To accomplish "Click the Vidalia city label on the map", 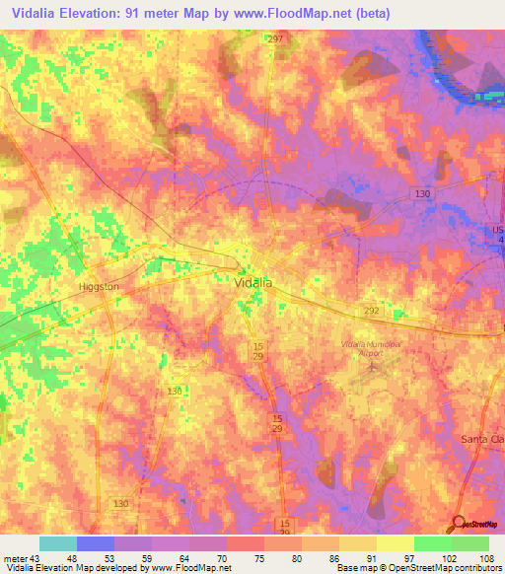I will click(x=253, y=282).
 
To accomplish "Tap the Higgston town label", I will click(x=99, y=287).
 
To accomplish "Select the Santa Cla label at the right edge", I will click(x=483, y=438).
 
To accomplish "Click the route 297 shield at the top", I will click(x=275, y=38).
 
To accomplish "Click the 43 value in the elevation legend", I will click(x=36, y=557).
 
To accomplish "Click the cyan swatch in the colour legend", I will click(x=58, y=543).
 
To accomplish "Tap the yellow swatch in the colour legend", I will click(x=396, y=543).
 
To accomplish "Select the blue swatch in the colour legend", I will click(x=96, y=543).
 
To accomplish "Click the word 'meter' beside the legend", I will click(x=15, y=557).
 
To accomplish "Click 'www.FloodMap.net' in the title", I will click(x=303, y=14).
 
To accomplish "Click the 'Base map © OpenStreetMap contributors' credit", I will click(x=418, y=568).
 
